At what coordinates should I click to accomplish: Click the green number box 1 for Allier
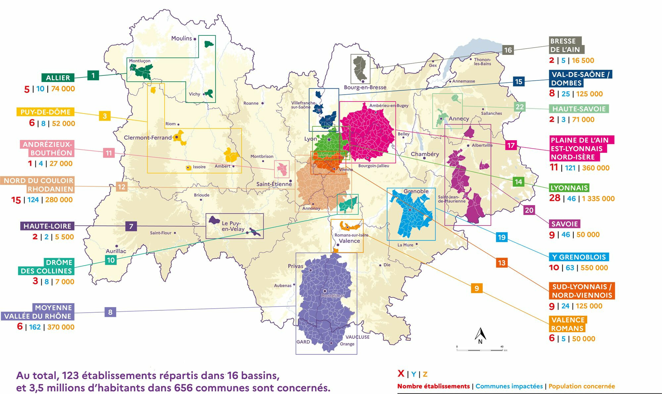click(x=93, y=75)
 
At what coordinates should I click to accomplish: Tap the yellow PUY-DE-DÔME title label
click(x=45, y=112)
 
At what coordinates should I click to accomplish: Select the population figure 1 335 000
click(x=598, y=198)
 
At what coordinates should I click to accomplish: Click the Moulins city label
click(x=181, y=38)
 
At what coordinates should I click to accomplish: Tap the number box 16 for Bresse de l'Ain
click(x=508, y=50)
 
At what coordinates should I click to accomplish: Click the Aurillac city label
click(x=116, y=251)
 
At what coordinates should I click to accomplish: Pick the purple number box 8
click(x=110, y=312)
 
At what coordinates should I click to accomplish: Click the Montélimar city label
click(x=333, y=296)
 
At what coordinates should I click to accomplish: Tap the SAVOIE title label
click(x=564, y=224)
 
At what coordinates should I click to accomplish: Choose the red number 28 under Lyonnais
click(x=555, y=198)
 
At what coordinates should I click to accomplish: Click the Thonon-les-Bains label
click(x=482, y=62)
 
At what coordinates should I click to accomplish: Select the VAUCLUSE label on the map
click(x=357, y=337)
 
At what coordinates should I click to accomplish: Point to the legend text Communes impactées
click(x=509, y=386)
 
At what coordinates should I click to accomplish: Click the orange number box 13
click(x=501, y=263)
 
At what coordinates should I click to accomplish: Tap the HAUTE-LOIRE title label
click(x=47, y=226)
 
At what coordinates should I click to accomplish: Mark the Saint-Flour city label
click(x=161, y=233)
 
